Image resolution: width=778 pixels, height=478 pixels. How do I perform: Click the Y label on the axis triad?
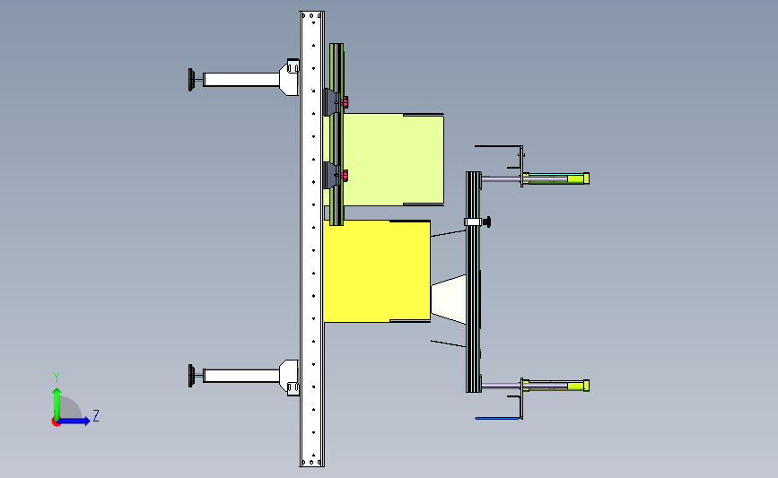[57, 378]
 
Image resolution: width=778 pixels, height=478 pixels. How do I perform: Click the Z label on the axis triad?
[96, 415]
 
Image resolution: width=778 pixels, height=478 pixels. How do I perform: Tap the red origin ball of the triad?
[56, 422]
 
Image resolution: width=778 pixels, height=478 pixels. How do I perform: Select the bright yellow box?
[377, 271]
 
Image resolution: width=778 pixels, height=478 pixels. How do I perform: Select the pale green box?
[393, 159]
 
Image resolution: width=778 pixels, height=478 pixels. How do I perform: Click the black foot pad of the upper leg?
[191, 80]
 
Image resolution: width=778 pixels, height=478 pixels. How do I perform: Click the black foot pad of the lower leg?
[191, 376]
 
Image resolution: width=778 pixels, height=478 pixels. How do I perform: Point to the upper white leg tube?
[241, 79]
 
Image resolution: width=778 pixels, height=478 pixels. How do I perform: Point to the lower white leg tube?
[241, 376]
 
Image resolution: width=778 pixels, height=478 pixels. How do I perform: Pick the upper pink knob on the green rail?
[345, 102]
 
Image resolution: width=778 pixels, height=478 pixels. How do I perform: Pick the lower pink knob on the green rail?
[345, 176]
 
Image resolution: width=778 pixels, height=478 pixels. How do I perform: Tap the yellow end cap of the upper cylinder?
[586, 178]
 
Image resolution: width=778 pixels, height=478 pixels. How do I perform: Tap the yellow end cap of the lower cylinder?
[586, 386]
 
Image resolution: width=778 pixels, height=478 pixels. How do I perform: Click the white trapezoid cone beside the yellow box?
[449, 299]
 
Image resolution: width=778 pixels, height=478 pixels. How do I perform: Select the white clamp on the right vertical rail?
[473, 222]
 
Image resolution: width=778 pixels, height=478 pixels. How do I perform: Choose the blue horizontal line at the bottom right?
[498, 419]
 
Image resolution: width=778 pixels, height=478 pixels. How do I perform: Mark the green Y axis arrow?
[57, 404]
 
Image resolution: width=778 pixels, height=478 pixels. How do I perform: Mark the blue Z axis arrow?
[73, 422]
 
